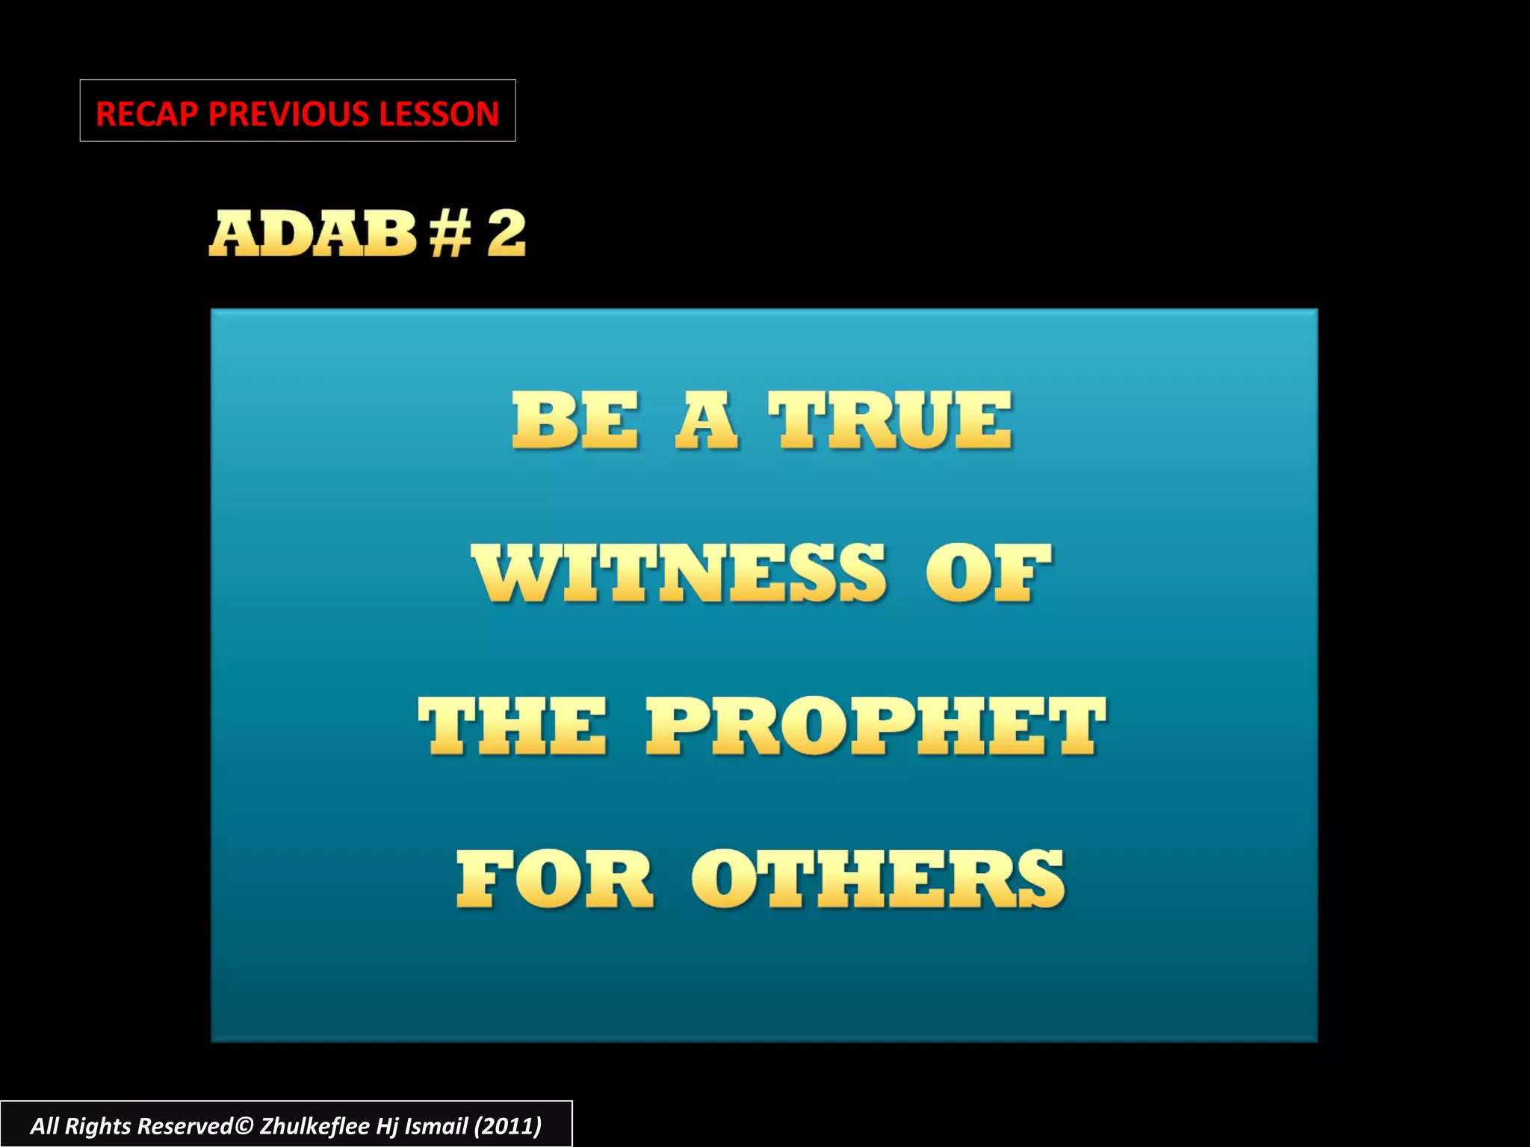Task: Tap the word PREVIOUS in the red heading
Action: (x=289, y=114)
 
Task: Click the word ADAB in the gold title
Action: (x=312, y=234)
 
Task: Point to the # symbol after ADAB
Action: (x=450, y=234)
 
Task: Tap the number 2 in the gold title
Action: (x=507, y=234)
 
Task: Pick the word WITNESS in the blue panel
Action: (x=679, y=573)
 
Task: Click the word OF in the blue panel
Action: (x=988, y=573)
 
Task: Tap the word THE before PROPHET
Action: (x=512, y=726)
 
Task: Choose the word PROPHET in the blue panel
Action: (x=876, y=726)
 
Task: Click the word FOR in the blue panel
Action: (x=555, y=879)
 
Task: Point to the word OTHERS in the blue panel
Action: (x=878, y=879)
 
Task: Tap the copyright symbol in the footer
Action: (x=244, y=1126)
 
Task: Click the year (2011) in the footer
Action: (x=508, y=1126)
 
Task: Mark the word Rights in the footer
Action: (x=98, y=1126)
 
